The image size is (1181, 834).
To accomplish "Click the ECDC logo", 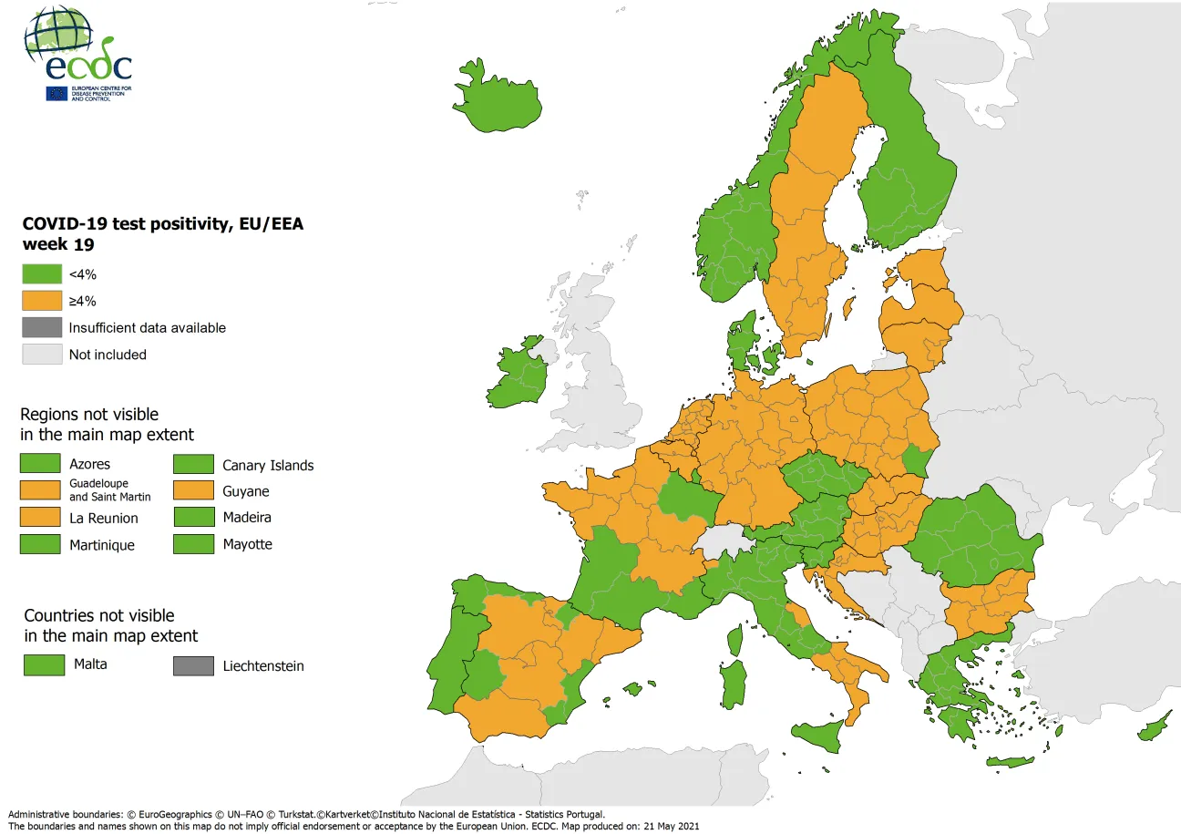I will [78, 54].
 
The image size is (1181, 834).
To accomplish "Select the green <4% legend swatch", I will [42, 274].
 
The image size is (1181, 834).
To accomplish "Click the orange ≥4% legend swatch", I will [42, 301].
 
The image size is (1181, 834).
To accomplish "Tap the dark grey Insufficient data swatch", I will [42, 327].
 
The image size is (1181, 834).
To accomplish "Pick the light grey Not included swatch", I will [42, 355].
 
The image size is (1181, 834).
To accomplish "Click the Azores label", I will [89, 465].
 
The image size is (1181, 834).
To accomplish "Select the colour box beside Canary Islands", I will [193, 465].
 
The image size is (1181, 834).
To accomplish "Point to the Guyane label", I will [246, 492].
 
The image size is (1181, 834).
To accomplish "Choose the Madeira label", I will [247, 518].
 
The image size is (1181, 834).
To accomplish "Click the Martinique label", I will [102, 545].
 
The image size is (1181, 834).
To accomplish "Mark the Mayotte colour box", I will [193, 544].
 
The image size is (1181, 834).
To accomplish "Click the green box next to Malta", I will [44, 665].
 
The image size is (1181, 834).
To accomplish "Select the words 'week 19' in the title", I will [58, 244].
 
